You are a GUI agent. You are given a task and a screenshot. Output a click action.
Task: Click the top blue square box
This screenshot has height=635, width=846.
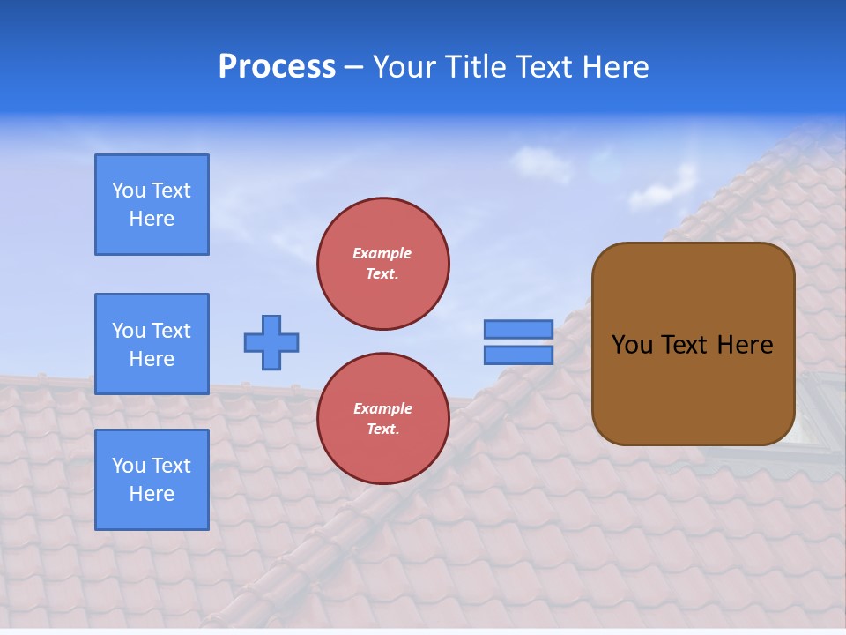click(152, 205)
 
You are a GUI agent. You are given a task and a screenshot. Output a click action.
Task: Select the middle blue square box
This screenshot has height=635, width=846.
click(152, 344)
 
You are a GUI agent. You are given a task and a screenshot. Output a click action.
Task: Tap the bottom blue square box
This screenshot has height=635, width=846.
click(152, 480)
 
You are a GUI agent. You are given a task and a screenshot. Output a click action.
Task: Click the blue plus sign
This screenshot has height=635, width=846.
click(271, 342)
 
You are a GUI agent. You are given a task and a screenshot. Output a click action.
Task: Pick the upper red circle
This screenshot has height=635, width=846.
click(383, 264)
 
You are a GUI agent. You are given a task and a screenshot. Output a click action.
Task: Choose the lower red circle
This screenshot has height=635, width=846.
click(383, 419)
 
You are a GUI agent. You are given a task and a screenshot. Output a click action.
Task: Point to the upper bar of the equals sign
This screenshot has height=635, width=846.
click(519, 329)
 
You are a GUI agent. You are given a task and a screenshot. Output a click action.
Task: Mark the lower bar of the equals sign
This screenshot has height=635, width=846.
click(519, 355)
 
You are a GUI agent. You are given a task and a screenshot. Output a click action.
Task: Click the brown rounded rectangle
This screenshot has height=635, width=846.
click(693, 344)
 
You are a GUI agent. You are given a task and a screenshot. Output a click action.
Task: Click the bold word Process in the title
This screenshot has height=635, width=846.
click(277, 67)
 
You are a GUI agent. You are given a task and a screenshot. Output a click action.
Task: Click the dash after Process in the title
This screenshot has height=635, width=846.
click(353, 68)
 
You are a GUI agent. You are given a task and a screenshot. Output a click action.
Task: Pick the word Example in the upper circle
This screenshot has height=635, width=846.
click(382, 253)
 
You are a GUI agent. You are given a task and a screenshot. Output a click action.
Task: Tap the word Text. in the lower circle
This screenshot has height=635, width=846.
click(382, 430)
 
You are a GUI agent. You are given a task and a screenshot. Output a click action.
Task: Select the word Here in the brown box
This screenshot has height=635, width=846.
click(745, 345)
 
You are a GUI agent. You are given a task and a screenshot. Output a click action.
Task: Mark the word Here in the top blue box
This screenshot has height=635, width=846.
click(152, 219)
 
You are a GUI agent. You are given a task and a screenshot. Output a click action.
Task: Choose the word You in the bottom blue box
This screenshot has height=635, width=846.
click(129, 466)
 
